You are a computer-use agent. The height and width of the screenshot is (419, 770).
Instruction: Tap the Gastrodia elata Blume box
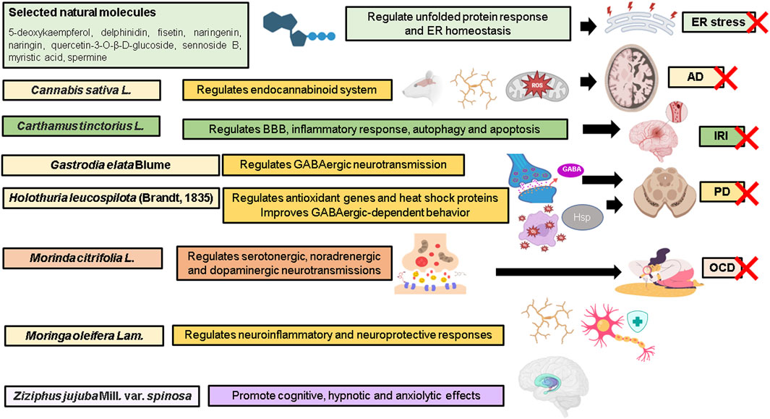(109, 165)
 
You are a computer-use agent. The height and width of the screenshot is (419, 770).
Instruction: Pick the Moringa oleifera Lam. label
(84, 336)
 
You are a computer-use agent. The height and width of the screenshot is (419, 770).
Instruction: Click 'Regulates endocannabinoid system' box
(288, 90)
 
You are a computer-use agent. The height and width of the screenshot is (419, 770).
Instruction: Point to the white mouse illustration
(419, 90)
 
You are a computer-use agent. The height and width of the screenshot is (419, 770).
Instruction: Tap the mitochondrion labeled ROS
(535, 88)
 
